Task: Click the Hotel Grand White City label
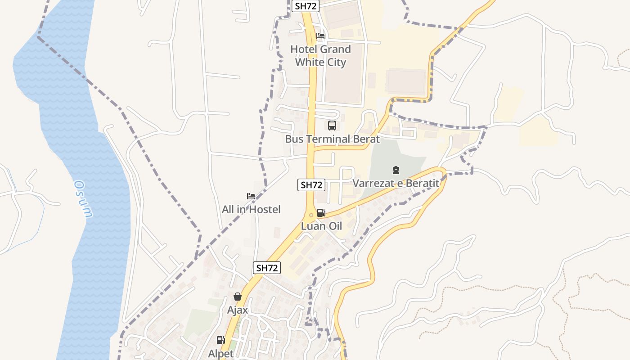pyautogui.click(x=320, y=55)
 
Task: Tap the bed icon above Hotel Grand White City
pyautogui.click(x=320, y=36)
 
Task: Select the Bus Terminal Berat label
pyautogui.click(x=332, y=139)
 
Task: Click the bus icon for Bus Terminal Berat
pyautogui.click(x=332, y=126)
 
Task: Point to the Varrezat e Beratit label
pyautogui.click(x=396, y=183)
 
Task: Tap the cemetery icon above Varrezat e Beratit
pyautogui.click(x=396, y=170)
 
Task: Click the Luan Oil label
pyautogui.click(x=321, y=226)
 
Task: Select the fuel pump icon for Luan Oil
pyautogui.click(x=321, y=213)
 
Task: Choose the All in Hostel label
pyautogui.click(x=251, y=209)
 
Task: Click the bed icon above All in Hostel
pyautogui.click(x=251, y=196)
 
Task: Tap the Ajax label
pyautogui.click(x=238, y=310)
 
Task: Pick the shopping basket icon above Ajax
pyautogui.click(x=238, y=297)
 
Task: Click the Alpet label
pyautogui.click(x=221, y=354)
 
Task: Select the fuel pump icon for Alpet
pyautogui.click(x=220, y=340)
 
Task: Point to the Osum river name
pyautogui.click(x=83, y=199)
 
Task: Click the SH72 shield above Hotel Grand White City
pyautogui.click(x=306, y=6)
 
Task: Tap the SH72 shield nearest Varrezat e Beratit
pyautogui.click(x=311, y=184)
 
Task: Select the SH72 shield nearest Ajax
pyautogui.click(x=267, y=268)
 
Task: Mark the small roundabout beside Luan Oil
pyautogui.click(x=311, y=215)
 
